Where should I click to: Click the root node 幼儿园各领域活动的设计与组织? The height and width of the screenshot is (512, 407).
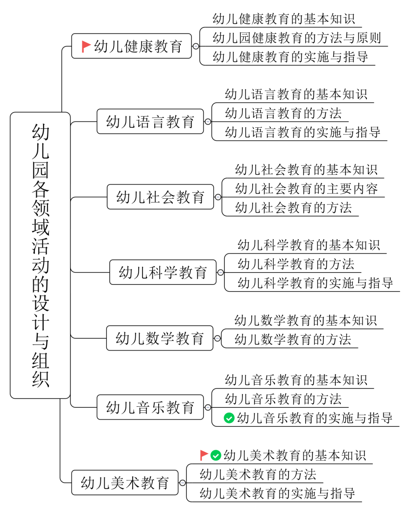point(40,255)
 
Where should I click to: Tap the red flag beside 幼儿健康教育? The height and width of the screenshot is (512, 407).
point(86,47)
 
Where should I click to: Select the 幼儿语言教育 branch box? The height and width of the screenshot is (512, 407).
point(150,121)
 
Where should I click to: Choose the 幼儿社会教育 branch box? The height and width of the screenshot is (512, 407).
point(160,197)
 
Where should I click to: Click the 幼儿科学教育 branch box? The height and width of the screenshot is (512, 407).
point(163,272)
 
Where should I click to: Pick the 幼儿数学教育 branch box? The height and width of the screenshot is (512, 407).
point(160,338)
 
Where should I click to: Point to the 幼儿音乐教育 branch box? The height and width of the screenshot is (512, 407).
point(150,407)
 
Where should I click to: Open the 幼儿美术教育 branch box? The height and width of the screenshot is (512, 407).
point(125,483)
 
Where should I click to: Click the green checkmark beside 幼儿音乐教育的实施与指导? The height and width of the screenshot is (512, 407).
point(229,418)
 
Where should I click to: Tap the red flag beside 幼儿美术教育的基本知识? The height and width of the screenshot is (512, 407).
point(204,455)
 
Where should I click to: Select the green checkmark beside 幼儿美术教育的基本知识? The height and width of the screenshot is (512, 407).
point(216,455)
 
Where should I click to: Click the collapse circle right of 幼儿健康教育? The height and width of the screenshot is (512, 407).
point(196,47)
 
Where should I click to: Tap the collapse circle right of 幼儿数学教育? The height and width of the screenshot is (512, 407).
point(217,338)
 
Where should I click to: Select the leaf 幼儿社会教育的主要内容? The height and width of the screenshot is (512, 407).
point(307,189)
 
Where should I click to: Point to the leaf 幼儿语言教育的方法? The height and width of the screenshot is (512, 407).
point(283,114)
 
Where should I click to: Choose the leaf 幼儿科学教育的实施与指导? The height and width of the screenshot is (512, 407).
point(315,283)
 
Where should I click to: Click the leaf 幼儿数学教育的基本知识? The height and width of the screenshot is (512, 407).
point(306,321)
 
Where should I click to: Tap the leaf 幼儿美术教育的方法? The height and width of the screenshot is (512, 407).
point(258,474)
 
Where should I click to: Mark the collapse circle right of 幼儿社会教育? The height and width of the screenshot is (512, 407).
point(218,197)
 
